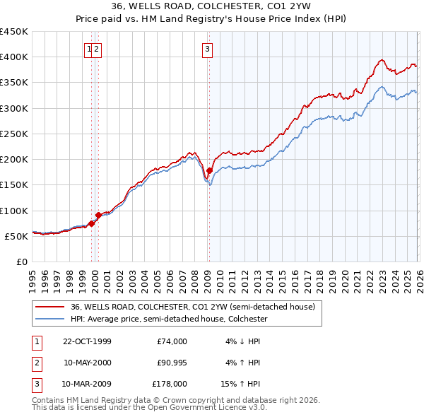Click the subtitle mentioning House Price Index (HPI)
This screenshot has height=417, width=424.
tap(212, 19)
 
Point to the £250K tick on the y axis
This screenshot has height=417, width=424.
tap(14, 134)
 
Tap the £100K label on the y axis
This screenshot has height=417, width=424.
tap(14, 211)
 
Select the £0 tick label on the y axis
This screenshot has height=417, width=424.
tap(22, 262)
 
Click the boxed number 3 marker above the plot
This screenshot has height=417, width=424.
tap(207, 49)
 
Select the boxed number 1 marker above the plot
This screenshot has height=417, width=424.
tap(90, 49)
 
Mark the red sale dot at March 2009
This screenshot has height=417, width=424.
tap(209, 170)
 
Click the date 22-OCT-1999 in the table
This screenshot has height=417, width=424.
tap(87, 341)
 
